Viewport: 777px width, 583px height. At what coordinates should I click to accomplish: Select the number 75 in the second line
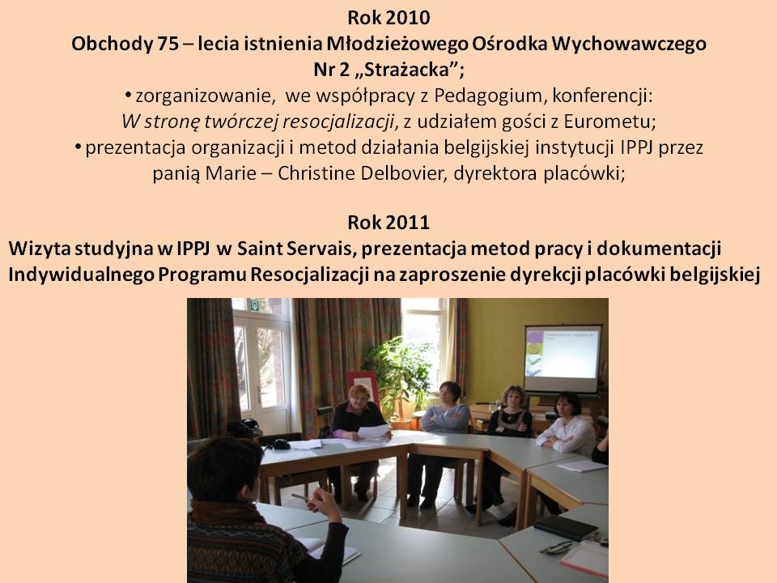pyautogui.click(x=168, y=44)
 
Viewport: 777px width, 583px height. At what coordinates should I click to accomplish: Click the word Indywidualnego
pyautogui.click(x=80, y=274)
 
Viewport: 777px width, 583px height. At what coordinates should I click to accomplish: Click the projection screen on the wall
pyautogui.click(x=563, y=358)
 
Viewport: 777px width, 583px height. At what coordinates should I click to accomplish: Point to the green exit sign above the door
pyautogui.click(x=255, y=305)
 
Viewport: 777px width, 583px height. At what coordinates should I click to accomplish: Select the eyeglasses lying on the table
pyautogui.click(x=558, y=547)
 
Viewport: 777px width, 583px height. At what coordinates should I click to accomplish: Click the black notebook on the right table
pyautogui.click(x=566, y=527)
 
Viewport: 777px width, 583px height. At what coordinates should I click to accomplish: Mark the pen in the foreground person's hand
pyautogui.click(x=301, y=497)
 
